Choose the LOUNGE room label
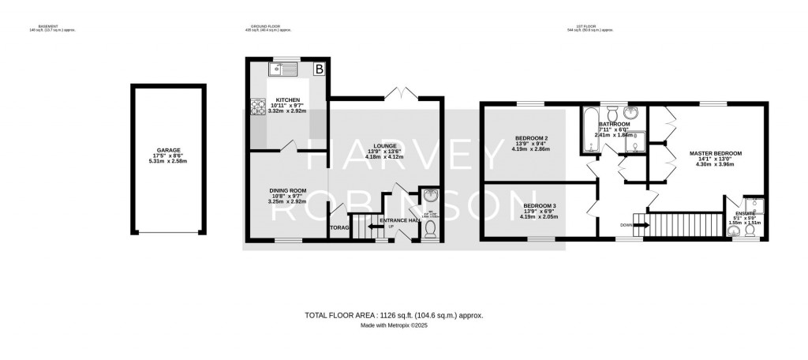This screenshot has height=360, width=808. (x=386, y=146)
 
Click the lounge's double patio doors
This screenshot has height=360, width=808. (x=403, y=96)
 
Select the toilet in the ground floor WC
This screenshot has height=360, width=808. (x=431, y=229)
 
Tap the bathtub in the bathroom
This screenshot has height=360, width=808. (x=588, y=131)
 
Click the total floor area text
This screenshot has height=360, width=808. (x=393, y=315)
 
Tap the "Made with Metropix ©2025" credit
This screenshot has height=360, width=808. (x=393, y=325)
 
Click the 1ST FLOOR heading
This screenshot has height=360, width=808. (x=590, y=27)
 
